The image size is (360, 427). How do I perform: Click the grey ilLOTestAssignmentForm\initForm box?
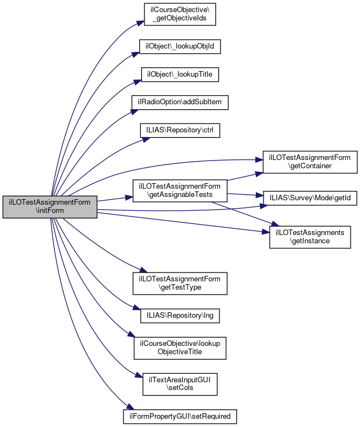coord(50,206)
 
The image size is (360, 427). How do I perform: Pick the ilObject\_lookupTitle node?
coord(180,73)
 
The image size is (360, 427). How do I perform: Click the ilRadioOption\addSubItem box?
coord(180,102)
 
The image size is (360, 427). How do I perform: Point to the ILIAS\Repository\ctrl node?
coord(180,130)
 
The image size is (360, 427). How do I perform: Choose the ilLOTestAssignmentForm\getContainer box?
coord(310,161)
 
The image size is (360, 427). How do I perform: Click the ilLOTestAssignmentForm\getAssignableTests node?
coord(180,191)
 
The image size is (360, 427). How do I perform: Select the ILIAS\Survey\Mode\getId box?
coord(310,197)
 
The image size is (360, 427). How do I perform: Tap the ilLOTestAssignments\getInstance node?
coord(310,237)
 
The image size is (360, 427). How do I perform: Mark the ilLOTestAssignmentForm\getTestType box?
coord(180,282)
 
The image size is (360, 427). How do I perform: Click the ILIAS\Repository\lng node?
coord(180,316)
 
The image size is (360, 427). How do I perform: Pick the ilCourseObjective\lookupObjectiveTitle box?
coord(180,347)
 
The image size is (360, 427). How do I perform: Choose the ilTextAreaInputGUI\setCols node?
coord(180,383)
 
